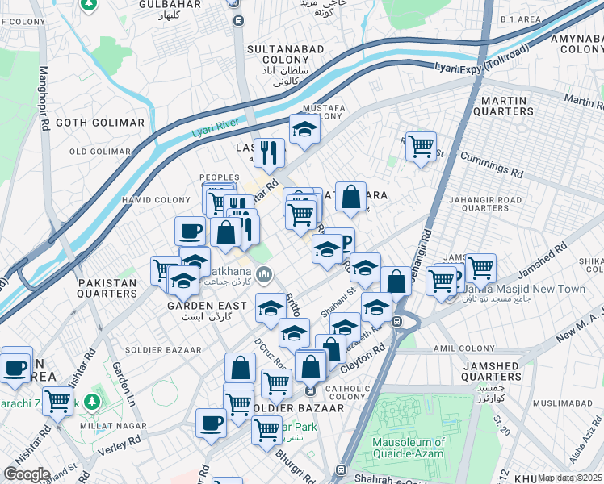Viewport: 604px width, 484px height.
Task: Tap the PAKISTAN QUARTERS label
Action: pyautogui.click(x=107, y=288)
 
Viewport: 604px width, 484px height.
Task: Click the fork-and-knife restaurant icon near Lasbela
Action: pyautogui.click(x=268, y=151)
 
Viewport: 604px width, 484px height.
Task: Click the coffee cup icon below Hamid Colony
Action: pyautogui.click(x=191, y=231)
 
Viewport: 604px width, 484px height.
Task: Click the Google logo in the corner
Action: pyautogui.click(x=26, y=474)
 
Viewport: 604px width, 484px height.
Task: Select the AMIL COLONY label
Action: pyautogui.click(x=485, y=348)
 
